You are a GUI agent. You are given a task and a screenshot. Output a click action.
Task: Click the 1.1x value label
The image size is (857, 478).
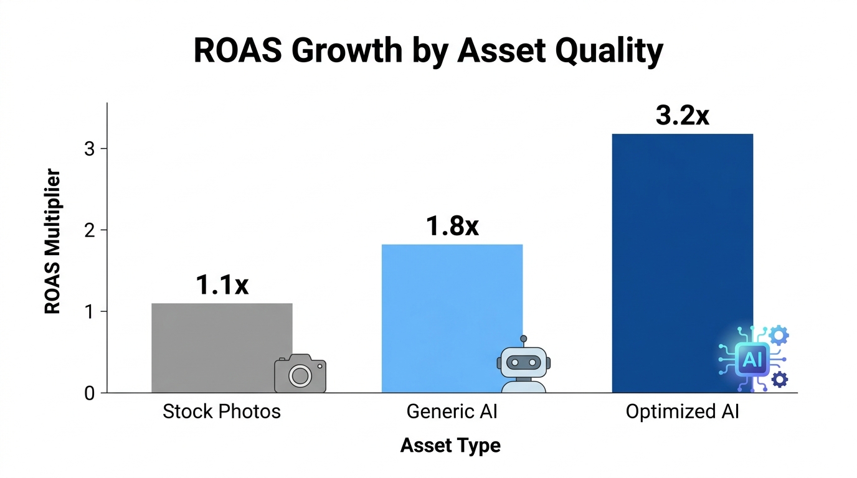[x=222, y=284]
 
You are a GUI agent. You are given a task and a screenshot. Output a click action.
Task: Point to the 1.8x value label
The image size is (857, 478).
[x=452, y=226]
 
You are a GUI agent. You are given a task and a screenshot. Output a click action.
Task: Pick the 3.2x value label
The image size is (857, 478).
[x=683, y=116]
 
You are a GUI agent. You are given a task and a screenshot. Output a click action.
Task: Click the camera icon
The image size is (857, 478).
[x=300, y=374]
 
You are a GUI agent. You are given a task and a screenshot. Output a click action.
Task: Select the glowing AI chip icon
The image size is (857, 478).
[x=752, y=358]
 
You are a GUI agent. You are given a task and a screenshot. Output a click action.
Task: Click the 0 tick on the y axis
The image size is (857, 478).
[x=90, y=393]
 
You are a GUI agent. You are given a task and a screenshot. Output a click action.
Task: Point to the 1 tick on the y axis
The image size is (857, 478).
[x=90, y=312]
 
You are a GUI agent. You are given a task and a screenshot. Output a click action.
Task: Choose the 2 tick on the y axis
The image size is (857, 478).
[x=90, y=230]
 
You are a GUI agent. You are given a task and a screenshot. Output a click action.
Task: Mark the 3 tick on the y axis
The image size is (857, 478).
[x=90, y=149]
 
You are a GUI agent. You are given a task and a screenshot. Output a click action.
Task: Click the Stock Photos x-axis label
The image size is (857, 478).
[x=222, y=412]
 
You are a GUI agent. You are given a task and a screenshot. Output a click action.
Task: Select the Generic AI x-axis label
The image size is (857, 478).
[x=452, y=412]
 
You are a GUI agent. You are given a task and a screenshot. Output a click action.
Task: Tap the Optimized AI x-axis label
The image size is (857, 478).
[x=683, y=412]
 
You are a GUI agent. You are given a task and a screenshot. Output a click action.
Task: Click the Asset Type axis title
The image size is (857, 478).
[x=450, y=446]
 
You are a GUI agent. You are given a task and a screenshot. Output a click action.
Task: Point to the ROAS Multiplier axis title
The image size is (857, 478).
[x=53, y=241]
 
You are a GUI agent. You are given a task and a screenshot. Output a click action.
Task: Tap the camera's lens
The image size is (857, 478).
[x=300, y=376]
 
